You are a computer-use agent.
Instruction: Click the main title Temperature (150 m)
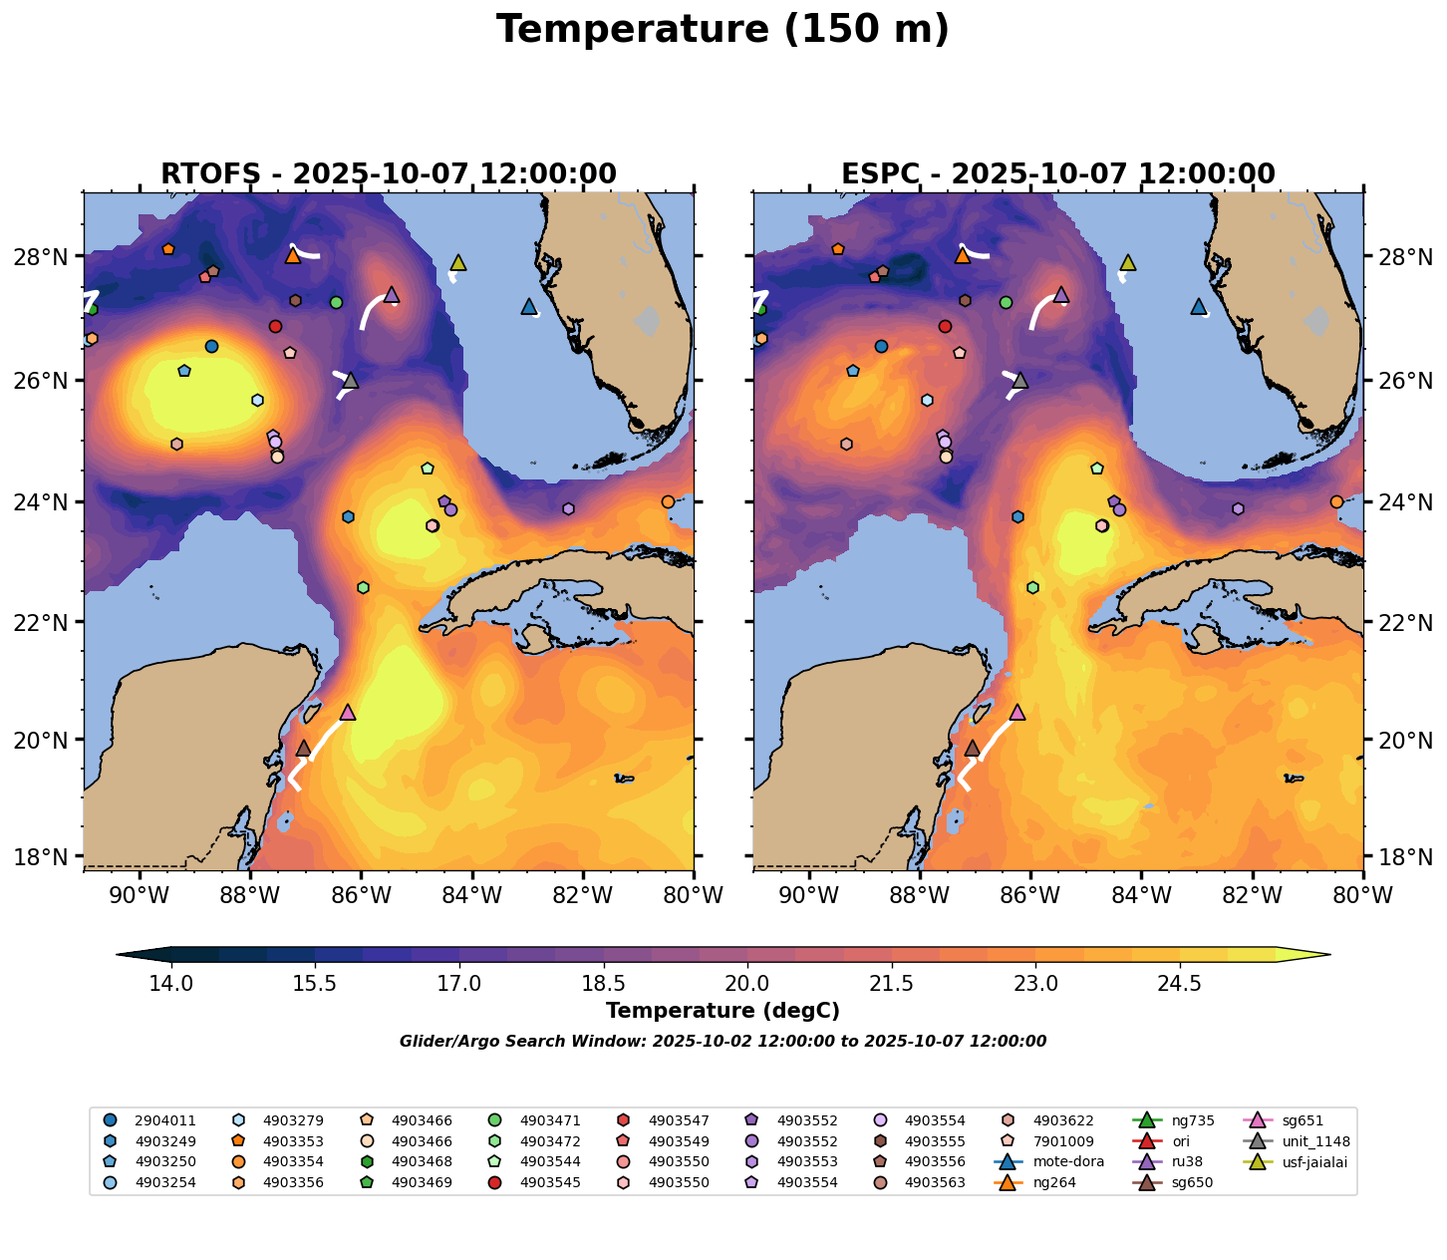(x=723, y=30)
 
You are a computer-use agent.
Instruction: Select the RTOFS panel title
(x=389, y=173)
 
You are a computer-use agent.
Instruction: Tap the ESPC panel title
(x=1058, y=173)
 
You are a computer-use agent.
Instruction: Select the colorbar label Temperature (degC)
(x=723, y=1011)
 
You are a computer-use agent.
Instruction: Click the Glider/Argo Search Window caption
(x=723, y=1042)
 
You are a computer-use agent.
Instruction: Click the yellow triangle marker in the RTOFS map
(x=458, y=263)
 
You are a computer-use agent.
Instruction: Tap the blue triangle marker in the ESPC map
(x=1198, y=307)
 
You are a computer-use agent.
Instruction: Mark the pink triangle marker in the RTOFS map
(x=348, y=712)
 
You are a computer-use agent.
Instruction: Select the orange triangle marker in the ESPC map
(x=962, y=256)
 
